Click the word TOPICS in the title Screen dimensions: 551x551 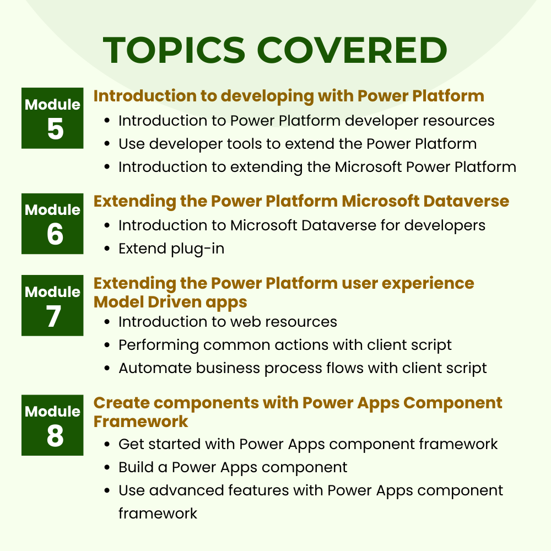pos(174,50)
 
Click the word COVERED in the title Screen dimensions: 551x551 pos(352,50)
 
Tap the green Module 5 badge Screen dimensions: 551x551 pos(52,118)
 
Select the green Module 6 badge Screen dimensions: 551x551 pos(52,224)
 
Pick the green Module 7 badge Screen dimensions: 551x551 pos(52,305)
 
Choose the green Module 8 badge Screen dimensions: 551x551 pos(52,425)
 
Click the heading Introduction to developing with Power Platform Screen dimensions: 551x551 pos(289,96)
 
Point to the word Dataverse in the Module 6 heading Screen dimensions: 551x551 pos(466,201)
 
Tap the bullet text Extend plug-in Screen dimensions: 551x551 pos(171,249)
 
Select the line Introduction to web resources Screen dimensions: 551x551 pos(228,322)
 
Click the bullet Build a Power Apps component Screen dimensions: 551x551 pos(233,468)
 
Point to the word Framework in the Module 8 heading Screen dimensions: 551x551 pos(141,422)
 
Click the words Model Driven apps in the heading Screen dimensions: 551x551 pos(170,302)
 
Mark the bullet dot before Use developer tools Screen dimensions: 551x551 pos(107,144)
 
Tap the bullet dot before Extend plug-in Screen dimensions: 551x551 pos(107,249)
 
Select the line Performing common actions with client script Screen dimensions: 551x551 pos(285,345)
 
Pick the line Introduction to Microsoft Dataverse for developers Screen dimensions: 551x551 pos(302,225)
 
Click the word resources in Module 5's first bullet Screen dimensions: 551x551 pos(458,121)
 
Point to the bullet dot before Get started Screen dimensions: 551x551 pos(107,445)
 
